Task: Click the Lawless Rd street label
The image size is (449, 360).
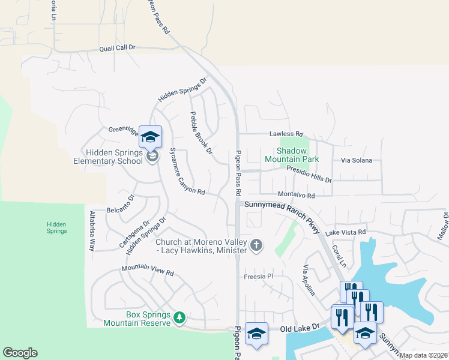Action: coord(286,134)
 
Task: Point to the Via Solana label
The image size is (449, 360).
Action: coord(357,160)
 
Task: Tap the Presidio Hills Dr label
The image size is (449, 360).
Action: coord(309,175)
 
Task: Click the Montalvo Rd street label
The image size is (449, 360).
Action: coord(296,195)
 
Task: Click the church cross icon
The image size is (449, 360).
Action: coord(256,244)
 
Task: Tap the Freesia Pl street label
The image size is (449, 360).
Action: coord(259,277)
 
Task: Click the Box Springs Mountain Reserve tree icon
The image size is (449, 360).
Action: coord(179,317)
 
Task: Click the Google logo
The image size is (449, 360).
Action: coord(20,353)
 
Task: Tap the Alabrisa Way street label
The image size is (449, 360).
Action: coord(92,230)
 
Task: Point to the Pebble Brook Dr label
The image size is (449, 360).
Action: coord(201,133)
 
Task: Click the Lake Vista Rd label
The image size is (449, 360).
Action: coord(345,232)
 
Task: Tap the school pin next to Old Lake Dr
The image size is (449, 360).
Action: coord(256,334)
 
